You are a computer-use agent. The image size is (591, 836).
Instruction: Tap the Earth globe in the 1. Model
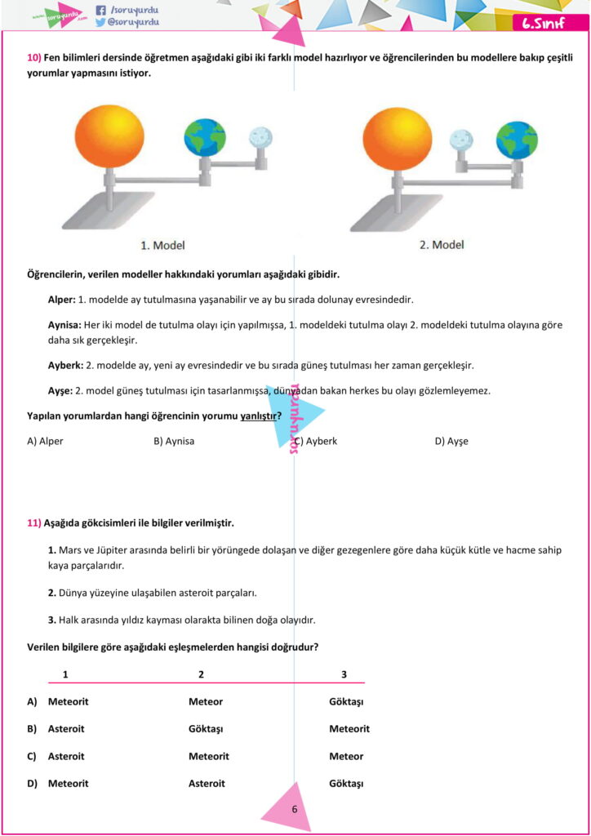204,138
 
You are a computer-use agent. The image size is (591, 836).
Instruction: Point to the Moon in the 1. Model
262,138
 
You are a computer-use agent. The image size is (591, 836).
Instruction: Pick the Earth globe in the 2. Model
517,140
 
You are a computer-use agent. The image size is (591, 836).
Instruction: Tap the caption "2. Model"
442,245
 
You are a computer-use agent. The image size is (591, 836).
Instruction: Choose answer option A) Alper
45,442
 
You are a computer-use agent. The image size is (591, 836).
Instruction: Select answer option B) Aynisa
174,442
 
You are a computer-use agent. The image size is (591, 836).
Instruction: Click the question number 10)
34,58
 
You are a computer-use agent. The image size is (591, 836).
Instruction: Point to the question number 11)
34,522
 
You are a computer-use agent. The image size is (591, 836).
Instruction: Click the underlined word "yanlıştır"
258,416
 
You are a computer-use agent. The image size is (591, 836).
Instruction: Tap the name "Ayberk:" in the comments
65,365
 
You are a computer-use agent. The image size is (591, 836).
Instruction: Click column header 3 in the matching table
344,674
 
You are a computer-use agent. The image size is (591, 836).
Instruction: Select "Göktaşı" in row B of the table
206,729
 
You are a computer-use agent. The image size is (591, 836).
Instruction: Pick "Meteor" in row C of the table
346,756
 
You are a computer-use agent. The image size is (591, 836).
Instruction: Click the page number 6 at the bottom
295,809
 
